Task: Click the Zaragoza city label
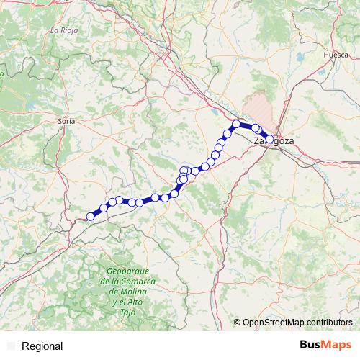click(274, 141)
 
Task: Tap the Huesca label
click(336, 54)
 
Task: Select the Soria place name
click(66, 122)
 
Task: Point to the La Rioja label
click(64, 30)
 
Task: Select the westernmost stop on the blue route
click(91, 216)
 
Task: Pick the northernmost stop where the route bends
click(236, 125)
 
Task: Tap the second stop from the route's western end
click(104, 208)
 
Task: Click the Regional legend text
click(42, 346)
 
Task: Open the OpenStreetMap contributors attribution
click(297, 322)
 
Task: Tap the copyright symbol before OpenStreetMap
click(237, 322)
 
